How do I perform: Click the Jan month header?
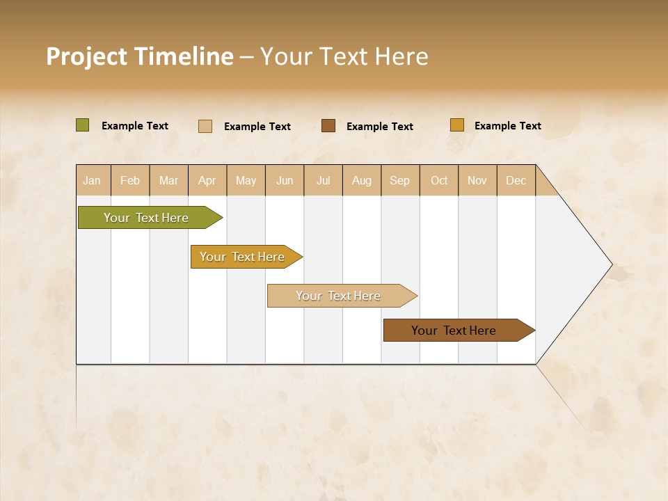[x=93, y=180]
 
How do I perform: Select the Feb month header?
[x=130, y=180]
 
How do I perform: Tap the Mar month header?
[x=168, y=180]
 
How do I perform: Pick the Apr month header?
[x=207, y=180]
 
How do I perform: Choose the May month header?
[x=246, y=180]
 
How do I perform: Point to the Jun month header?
[x=285, y=180]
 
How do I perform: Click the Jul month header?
[x=323, y=180]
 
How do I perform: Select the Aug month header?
[x=362, y=180]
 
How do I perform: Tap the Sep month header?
[x=400, y=180]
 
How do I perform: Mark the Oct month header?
[x=439, y=180]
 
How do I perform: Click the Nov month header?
[x=477, y=180]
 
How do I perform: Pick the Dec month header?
[x=516, y=180]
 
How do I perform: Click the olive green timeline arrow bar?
[x=147, y=218]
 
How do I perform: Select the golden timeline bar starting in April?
[x=243, y=257]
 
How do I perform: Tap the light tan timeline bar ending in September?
[x=339, y=296]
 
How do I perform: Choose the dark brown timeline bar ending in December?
[x=454, y=331]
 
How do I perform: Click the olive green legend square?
[x=83, y=125]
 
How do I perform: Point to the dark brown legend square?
[x=328, y=125]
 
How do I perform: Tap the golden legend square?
[x=457, y=125]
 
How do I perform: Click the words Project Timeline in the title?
[x=140, y=56]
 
